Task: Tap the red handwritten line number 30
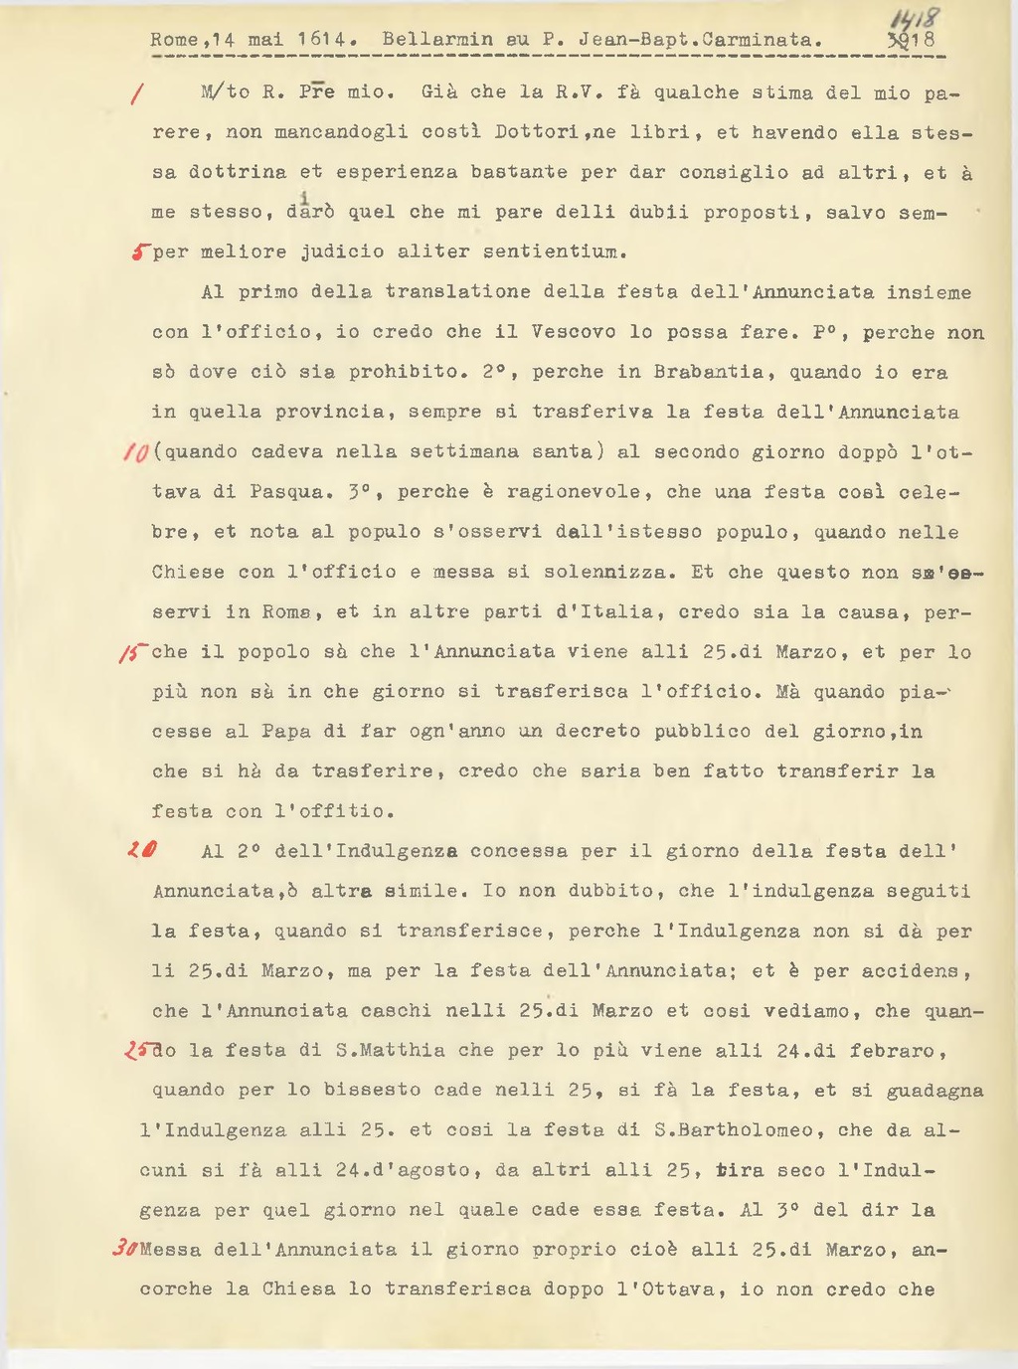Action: click(x=124, y=1251)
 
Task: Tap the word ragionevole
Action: click(x=575, y=492)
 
